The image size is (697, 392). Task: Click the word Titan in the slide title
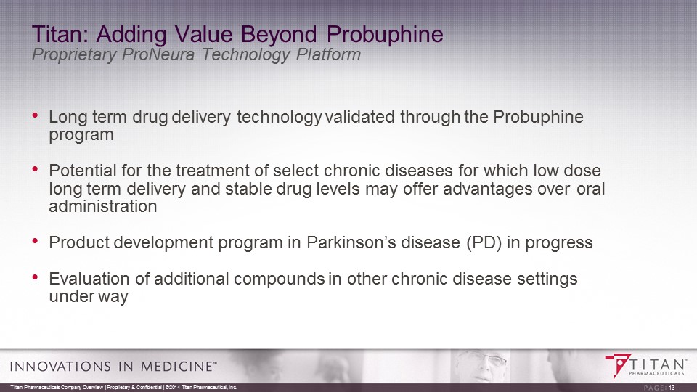(x=60, y=34)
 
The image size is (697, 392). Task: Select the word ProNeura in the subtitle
(x=158, y=54)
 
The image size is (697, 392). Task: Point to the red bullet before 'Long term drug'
(x=35, y=115)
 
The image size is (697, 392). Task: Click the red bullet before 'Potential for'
(x=35, y=169)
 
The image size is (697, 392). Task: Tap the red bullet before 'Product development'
(x=35, y=241)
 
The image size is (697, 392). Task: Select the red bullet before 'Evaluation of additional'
(x=35, y=277)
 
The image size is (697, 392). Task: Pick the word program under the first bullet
(x=81, y=136)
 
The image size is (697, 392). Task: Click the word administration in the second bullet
(x=103, y=206)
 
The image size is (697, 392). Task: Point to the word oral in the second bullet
(x=591, y=189)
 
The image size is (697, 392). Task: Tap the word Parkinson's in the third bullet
(x=351, y=242)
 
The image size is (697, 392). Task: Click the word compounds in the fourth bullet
(x=279, y=279)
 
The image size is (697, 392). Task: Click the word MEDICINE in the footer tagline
(x=176, y=366)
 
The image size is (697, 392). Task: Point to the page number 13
(x=672, y=388)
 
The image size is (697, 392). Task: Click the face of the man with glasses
(x=480, y=365)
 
